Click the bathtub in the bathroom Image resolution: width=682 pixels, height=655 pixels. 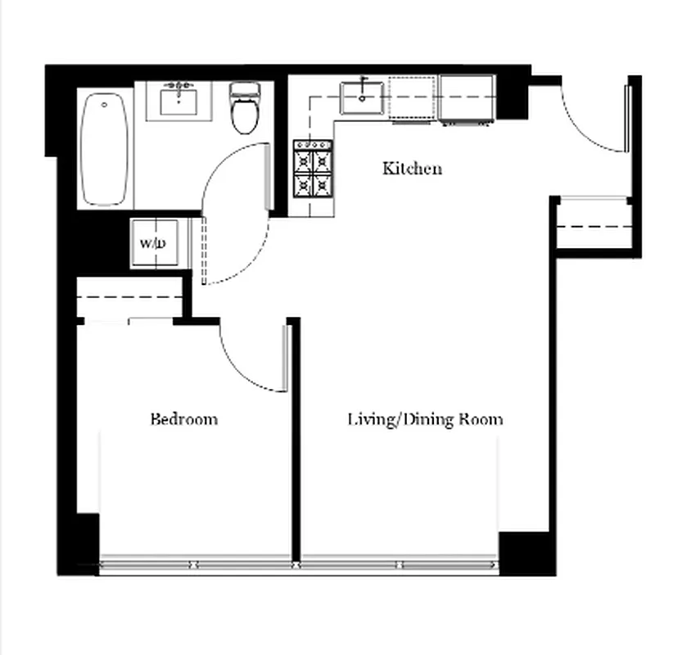(106, 150)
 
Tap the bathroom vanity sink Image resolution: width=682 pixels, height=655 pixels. (178, 102)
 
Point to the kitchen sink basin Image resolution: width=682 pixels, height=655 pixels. (363, 97)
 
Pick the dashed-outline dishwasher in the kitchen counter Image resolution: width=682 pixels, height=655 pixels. (413, 99)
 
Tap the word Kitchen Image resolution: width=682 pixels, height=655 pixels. (412, 169)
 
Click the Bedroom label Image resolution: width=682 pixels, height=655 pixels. (184, 419)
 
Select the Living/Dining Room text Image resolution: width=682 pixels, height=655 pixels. (425, 419)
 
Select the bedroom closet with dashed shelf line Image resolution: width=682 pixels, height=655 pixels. (129, 299)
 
